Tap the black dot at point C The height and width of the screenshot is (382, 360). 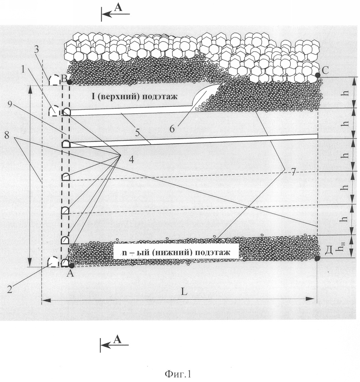(x=318, y=75)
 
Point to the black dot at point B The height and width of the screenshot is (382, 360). (x=70, y=82)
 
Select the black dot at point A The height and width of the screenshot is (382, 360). (x=72, y=265)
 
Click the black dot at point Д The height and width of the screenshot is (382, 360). (x=317, y=258)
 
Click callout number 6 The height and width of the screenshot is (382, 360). (x=172, y=129)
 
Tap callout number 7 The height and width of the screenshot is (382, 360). (x=293, y=172)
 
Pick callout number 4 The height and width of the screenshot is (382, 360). (x=132, y=160)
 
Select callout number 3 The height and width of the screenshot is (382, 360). (x=36, y=50)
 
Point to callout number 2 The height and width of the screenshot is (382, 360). (x=10, y=289)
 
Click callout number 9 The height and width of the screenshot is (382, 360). (x=10, y=104)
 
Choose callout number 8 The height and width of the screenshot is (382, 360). (x=6, y=135)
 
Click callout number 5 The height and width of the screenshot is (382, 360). (x=138, y=133)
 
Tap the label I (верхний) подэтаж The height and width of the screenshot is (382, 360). (x=134, y=96)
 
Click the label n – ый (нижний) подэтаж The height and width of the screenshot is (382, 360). (x=176, y=252)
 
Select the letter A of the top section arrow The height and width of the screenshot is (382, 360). (x=118, y=8)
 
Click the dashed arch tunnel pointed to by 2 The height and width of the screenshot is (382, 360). (x=53, y=262)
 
